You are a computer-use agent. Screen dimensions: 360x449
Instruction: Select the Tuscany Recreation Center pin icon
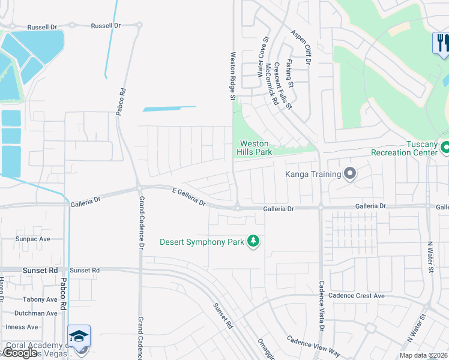(x=445, y=146)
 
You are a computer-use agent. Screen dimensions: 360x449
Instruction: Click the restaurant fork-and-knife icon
(x=441, y=42)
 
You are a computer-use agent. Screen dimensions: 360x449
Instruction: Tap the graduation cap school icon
(x=79, y=337)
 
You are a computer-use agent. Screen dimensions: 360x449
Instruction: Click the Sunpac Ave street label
(x=33, y=239)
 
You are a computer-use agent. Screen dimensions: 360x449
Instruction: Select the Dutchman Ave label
(x=36, y=313)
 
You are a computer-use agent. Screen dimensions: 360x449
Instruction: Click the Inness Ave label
(x=22, y=327)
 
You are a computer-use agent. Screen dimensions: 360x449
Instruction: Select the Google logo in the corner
(x=20, y=352)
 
